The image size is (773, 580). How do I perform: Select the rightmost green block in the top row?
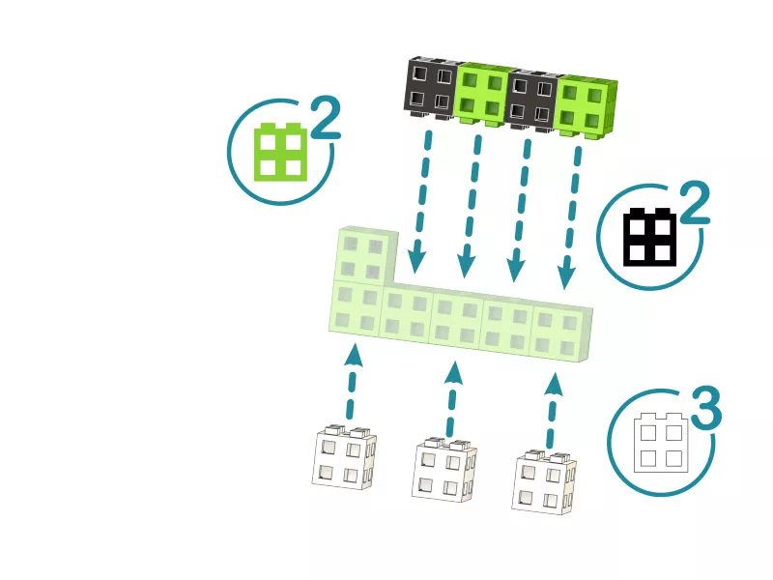click(x=587, y=107)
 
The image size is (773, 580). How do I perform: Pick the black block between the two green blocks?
click(x=532, y=101)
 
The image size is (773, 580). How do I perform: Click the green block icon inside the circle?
click(x=280, y=152)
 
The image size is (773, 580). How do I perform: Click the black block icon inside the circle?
click(x=649, y=237)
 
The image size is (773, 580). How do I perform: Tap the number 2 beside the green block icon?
click(x=326, y=119)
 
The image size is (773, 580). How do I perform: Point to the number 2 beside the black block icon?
click(x=695, y=203)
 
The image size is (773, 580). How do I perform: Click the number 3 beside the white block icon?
click(x=706, y=407)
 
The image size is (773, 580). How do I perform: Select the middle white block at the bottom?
click(x=444, y=469)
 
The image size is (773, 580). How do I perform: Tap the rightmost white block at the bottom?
click(x=544, y=480)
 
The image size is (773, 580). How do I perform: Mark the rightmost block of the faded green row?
click(x=560, y=332)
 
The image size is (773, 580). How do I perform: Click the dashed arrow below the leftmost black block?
click(x=421, y=202)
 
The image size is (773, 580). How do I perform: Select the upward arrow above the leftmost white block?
click(x=352, y=381)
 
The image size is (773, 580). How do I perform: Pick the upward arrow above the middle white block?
click(x=452, y=398)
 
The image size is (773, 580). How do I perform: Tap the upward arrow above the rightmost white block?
click(x=553, y=410)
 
